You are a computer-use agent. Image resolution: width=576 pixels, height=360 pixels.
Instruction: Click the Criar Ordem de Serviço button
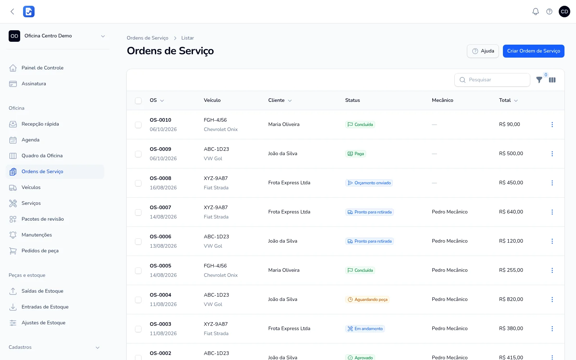(534, 51)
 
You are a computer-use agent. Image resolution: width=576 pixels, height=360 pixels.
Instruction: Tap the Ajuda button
(483, 51)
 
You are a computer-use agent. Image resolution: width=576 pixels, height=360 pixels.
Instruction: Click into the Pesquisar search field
(492, 80)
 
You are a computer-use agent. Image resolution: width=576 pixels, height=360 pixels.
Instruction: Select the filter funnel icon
(539, 80)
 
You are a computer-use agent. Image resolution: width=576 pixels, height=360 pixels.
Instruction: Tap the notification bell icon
(536, 12)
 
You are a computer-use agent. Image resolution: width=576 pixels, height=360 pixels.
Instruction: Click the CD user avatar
(564, 12)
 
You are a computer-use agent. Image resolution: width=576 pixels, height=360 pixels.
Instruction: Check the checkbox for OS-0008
(138, 183)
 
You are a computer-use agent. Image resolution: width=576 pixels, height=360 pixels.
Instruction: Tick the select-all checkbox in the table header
(138, 100)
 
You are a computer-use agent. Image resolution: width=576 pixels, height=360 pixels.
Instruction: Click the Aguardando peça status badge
(367, 300)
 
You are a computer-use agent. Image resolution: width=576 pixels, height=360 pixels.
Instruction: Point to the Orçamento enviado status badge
(369, 183)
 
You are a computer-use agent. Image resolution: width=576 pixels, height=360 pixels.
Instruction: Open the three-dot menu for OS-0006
(552, 241)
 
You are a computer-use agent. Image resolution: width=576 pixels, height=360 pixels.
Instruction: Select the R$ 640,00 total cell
(511, 212)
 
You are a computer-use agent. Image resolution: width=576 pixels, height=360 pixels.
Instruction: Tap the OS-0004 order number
(161, 295)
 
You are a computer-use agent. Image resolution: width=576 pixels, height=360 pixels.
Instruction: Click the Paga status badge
(356, 154)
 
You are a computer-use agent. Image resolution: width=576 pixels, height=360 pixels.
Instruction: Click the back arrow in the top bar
(12, 12)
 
